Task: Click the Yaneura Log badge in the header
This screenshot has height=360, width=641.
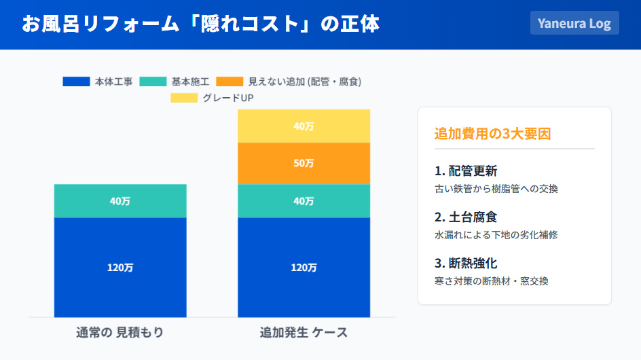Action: click(x=574, y=23)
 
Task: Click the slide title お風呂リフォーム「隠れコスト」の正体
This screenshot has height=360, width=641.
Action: click(x=200, y=24)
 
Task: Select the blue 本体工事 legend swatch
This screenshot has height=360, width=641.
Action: click(x=76, y=82)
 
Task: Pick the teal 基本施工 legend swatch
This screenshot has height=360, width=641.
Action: click(x=153, y=82)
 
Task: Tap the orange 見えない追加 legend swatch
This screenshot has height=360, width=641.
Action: click(x=230, y=82)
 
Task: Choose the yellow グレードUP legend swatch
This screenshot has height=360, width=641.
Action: click(x=184, y=98)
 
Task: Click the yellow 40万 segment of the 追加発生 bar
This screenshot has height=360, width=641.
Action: click(x=304, y=126)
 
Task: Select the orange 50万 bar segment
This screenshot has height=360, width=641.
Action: click(x=304, y=164)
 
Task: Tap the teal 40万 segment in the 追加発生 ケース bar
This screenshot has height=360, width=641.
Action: click(x=304, y=201)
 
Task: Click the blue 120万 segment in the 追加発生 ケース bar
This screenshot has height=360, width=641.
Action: click(x=304, y=267)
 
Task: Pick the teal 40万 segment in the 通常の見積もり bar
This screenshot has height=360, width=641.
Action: click(x=120, y=201)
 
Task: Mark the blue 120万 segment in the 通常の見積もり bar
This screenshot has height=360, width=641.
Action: click(x=120, y=267)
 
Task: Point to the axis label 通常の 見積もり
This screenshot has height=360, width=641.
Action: click(x=120, y=333)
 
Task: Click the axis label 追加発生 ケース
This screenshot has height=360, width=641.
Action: click(x=304, y=333)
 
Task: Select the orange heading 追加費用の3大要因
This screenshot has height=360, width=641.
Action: click(x=492, y=134)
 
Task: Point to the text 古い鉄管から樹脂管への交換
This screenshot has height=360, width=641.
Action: click(x=496, y=189)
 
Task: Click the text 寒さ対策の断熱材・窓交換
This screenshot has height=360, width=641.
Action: click(x=491, y=281)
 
